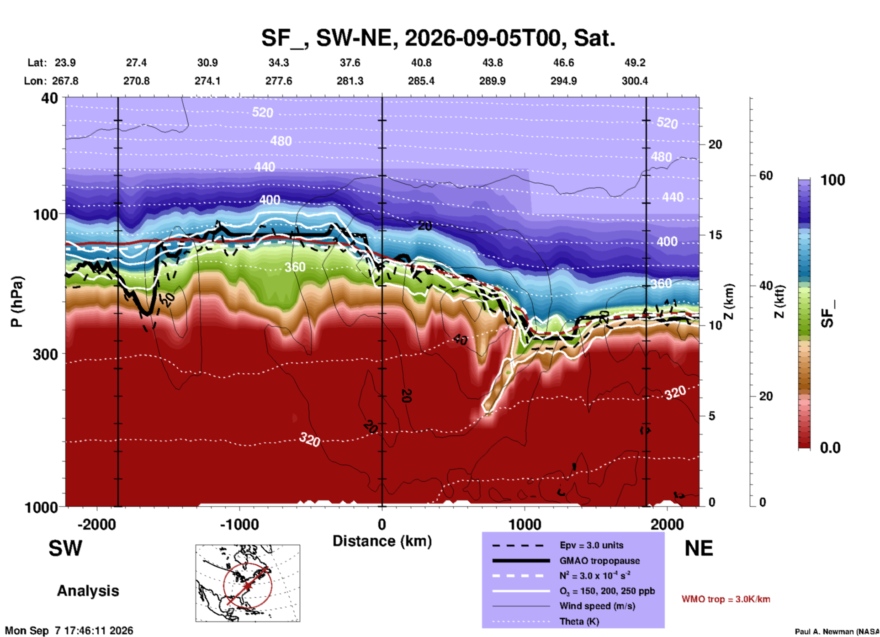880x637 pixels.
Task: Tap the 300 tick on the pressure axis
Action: pyautogui.click(x=46, y=354)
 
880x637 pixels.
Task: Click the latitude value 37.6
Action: pyautogui.click(x=350, y=63)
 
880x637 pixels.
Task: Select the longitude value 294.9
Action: pyautogui.click(x=563, y=81)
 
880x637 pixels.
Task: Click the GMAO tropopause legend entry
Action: pyautogui.click(x=599, y=561)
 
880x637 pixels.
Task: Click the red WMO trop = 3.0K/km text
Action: pyautogui.click(x=726, y=599)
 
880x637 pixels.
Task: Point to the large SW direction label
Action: pyautogui.click(x=65, y=548)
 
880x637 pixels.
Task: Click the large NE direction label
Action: pyautogui.click(x=699, y=548)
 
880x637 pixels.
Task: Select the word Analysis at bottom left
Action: pyautogui.click(x=88, y=591)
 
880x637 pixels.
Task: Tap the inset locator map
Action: pyautogui.click(x=248, y=583)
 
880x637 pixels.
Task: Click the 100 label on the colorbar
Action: pyautogui.click(x=832, y=180)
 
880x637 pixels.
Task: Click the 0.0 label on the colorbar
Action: pyautogui.click(x=830, y=448)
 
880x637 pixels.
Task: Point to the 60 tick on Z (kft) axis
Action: pyautogui.click(x=766, y=175)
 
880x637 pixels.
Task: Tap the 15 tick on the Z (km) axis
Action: pyautogui.click(x=715, y=235)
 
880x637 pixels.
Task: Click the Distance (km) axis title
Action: pyautogui.click(x=382, y=541)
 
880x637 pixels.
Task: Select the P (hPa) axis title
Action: pyautogui.click(x=16, y=302)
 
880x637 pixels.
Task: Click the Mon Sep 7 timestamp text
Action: pyautogui.click(x=69, y=631)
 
